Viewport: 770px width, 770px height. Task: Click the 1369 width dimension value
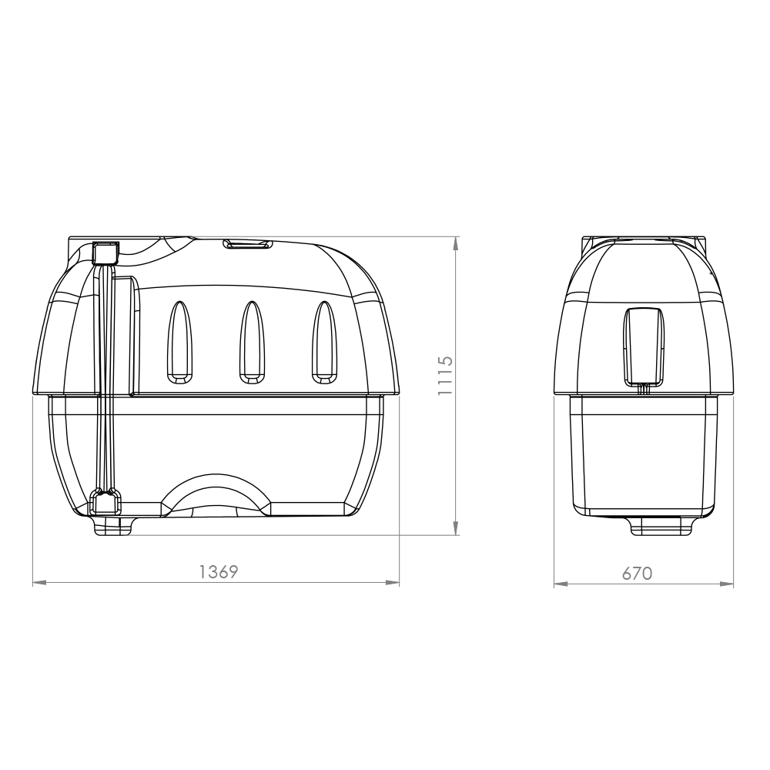[x=219, y=572]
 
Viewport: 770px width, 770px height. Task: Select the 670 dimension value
[x=638, y=574]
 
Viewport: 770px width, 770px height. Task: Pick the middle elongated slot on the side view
[x=251, y=341]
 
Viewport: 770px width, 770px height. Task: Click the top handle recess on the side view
[x=248, y=244]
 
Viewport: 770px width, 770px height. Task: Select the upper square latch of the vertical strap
[x=105, y=252]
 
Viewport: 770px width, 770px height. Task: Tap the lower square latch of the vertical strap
[x=105, y=503]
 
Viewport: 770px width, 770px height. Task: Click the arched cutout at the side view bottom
[x=216, y=492]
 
